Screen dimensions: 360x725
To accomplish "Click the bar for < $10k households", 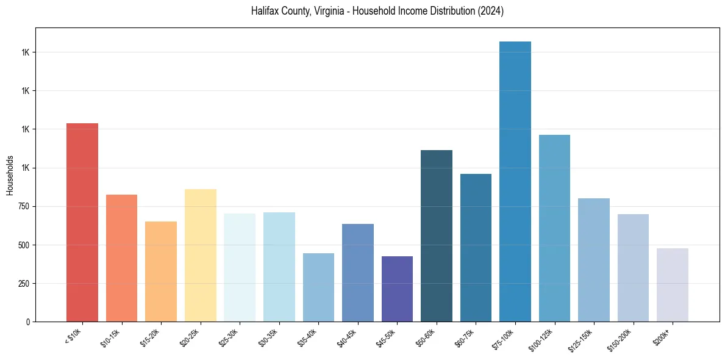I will [x=82, y=223].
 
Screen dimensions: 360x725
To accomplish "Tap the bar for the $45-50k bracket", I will [x=397, y=289].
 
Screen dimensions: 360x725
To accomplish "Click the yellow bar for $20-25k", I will [x=200, y=256].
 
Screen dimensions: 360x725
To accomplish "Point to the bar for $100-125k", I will [x=554, y=228].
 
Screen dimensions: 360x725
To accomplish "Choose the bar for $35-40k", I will [x=318, y=287].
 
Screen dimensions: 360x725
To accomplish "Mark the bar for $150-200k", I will [x=633, y=268].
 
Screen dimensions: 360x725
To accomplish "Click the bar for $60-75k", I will [x=476, y=248].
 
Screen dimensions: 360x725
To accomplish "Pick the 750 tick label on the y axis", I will [x=24, y=207].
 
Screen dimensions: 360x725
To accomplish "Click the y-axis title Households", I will [x=10, y=175].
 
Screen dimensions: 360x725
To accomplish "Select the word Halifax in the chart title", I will [x=265, y=12].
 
